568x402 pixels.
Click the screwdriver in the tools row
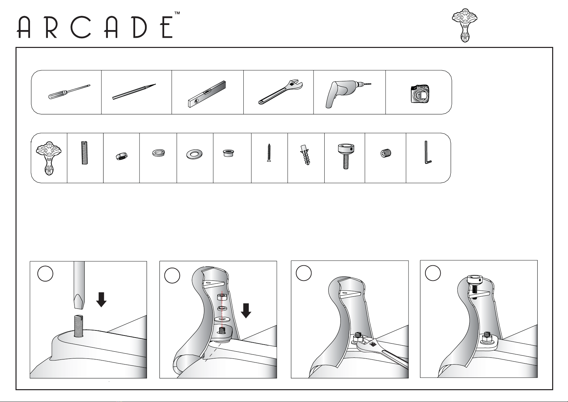69,92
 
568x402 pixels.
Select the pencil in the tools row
134,92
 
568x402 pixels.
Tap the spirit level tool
207,94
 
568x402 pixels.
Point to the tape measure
420,94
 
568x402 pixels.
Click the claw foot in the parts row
49,158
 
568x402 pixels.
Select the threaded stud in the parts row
85,153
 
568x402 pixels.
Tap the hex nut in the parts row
121,156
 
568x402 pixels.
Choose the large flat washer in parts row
194,154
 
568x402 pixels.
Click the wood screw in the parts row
269,153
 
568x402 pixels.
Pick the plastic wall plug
305,155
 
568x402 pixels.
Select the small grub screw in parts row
386,153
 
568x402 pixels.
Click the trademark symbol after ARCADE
177,13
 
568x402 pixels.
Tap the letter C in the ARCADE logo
81,27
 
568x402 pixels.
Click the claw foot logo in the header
465,25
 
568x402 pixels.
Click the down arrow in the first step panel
101,300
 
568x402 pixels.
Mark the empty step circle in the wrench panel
303,273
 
